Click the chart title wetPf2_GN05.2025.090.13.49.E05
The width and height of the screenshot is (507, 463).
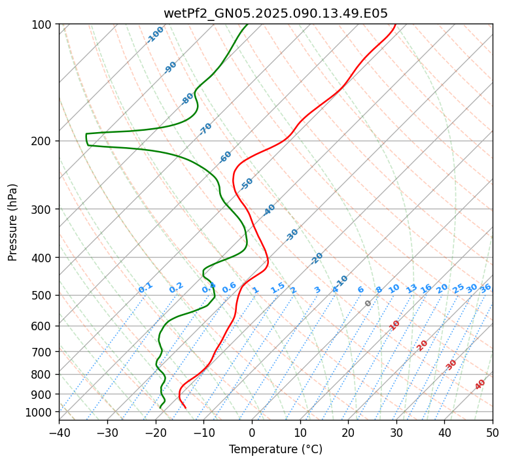click(x=275, y=13)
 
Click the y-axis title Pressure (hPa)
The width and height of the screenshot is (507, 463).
click(x=13, y=222)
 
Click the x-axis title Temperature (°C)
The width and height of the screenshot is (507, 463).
click(x=275, y=449)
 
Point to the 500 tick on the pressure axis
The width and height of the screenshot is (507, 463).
click(x=43, y=295)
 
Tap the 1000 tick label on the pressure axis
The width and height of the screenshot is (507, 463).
click(x=41, y=412)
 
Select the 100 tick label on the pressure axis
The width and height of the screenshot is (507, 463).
click(x=43, y=24)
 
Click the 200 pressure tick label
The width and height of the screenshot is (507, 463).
click(x=43, y=141)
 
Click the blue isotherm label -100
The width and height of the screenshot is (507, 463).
click(x=155, y=35)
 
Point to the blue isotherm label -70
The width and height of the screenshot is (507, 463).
click(x=205, y=129)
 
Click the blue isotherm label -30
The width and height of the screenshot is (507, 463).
click(x=292, y=235)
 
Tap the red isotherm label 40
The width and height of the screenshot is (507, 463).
click(x=480, y=385)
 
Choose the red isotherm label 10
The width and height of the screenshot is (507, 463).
click(x=394, y=325)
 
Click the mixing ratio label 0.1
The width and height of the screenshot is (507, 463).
click(x=145, y=288)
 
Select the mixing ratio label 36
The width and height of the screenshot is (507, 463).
click(x=485, y=288)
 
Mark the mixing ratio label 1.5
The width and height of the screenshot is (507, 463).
click(x=277, y=287)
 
